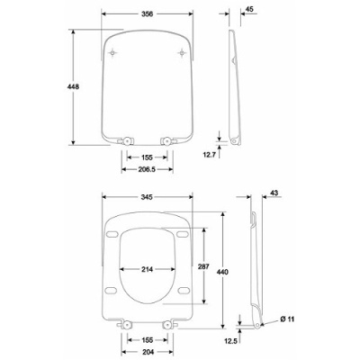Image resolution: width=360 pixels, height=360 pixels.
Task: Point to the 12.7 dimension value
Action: click(209, 154)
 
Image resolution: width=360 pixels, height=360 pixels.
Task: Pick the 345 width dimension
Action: click(148, 195)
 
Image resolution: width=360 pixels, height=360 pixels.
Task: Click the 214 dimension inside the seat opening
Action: click(148, 269)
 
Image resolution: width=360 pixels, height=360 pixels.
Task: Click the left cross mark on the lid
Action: click(112, 55)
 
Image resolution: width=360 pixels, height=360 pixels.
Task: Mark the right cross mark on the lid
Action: click(183, 55)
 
